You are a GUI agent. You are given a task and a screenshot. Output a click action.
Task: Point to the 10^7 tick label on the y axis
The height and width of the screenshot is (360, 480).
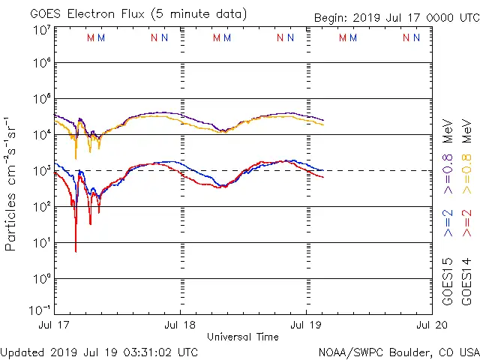point(42,31)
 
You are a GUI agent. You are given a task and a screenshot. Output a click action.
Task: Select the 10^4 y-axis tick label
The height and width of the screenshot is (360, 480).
point(42,135)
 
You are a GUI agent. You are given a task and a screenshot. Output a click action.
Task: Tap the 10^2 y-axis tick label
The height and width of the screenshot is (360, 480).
point(42,207)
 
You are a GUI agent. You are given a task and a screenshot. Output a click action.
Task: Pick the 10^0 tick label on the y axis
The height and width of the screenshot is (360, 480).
point(42,279)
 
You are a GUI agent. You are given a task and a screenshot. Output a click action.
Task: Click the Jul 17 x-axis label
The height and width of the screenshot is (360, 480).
point(54,325)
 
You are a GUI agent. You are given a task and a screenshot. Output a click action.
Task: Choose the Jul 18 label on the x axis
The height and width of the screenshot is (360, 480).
point(180,325)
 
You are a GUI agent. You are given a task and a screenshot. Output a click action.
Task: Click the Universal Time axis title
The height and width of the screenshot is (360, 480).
point(243,337)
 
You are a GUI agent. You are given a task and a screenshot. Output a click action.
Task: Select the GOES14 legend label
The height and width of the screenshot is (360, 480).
point(466,282)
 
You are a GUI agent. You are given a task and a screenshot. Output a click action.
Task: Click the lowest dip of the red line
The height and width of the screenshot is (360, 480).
point(76,251)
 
